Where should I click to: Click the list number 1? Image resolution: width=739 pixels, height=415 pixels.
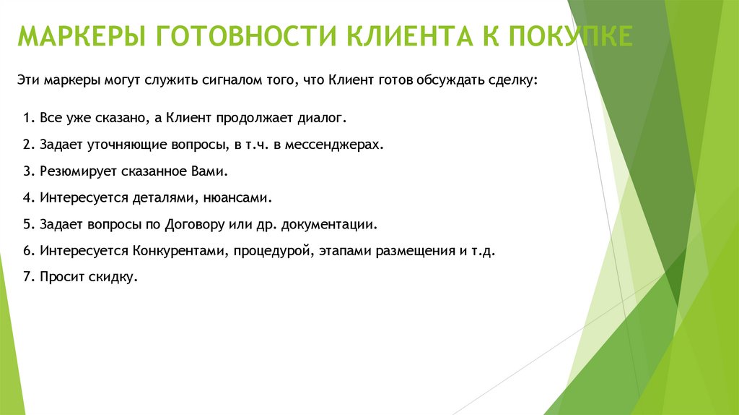tap(26, 117)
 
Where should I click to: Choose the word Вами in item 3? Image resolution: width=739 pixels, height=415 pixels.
tap(214, 171)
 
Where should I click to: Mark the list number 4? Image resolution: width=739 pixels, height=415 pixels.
tap(27, 197)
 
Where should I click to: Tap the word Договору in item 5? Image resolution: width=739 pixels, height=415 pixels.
tap(194, 224)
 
